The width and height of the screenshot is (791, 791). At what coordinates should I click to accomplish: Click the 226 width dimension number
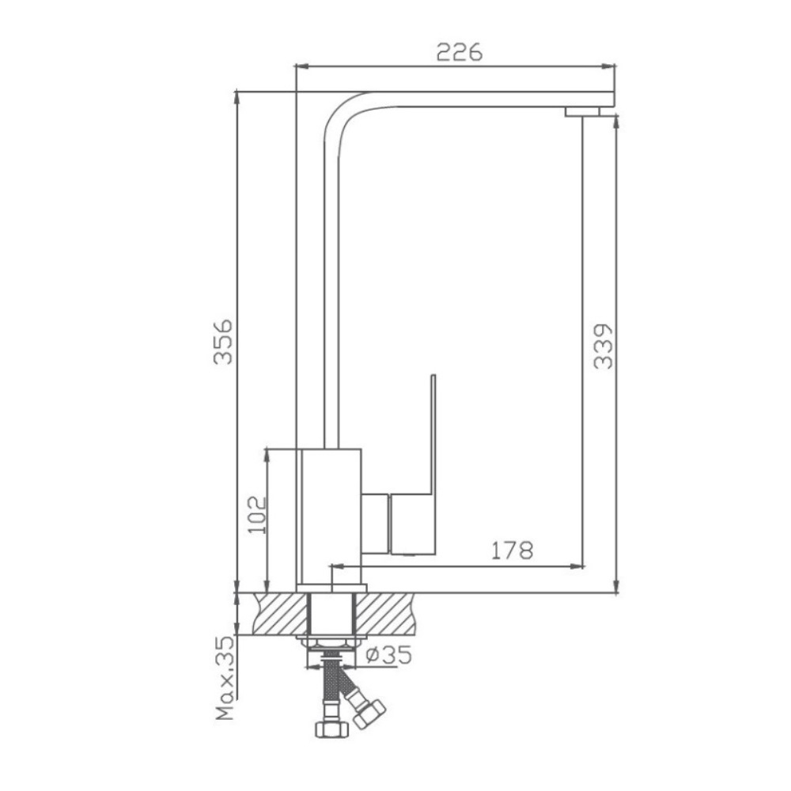(x=460, y=52)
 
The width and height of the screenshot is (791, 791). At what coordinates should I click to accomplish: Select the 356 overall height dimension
(x=224, y=341)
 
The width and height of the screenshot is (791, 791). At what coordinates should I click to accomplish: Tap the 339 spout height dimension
(x=603, y=346)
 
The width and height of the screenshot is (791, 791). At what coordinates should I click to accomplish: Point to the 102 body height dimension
(x=257, y=513)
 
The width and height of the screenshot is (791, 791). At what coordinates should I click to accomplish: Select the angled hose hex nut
(x=369, y=711)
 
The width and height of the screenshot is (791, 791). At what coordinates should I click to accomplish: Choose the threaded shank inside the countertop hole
(x=331, y=613)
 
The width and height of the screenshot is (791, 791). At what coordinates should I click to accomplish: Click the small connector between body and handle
(x=377, y=523)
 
